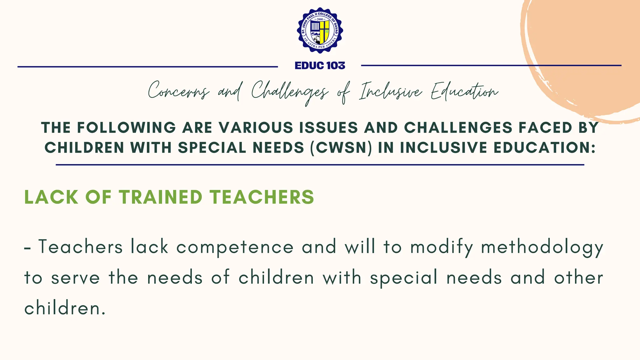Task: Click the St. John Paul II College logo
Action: click(320, 30)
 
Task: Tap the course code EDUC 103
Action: click(320, 66)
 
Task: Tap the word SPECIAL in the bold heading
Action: click(212, 147)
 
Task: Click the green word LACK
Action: click(51, 197)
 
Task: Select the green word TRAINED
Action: click(161, 197)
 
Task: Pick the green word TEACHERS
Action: click(262, 197)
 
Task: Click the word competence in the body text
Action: click(235, 247)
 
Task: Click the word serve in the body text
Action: click(75, 278)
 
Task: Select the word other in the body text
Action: click(578, 277)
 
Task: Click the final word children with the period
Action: click(65, 308)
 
